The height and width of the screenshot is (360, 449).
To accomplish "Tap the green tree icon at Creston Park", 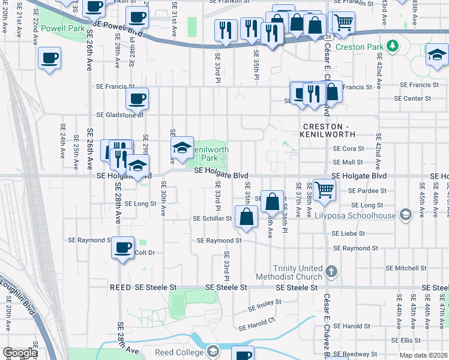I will coord(392,46).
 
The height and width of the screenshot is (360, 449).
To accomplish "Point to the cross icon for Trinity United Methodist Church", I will coord(331,272).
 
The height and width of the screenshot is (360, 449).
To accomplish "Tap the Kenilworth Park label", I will coord(209,154).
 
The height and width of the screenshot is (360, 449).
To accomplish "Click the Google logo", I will coord(20,353).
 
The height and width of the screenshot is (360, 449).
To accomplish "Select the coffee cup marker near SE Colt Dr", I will coord(123,247).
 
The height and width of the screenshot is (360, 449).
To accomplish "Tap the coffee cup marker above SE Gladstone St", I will coord(137,98).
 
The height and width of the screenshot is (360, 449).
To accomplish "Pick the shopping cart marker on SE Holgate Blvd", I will coord(324,189).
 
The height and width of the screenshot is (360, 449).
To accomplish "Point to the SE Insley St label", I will coord(265,309).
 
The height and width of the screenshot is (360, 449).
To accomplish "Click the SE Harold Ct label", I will coord(256,324).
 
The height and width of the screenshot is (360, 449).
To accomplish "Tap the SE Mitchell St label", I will coord(405,268).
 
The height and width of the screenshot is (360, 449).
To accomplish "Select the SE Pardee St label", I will coord(369,190).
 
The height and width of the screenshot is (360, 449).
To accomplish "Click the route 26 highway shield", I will coord(326,37).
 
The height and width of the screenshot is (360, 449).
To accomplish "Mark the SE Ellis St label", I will coord(411,340).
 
